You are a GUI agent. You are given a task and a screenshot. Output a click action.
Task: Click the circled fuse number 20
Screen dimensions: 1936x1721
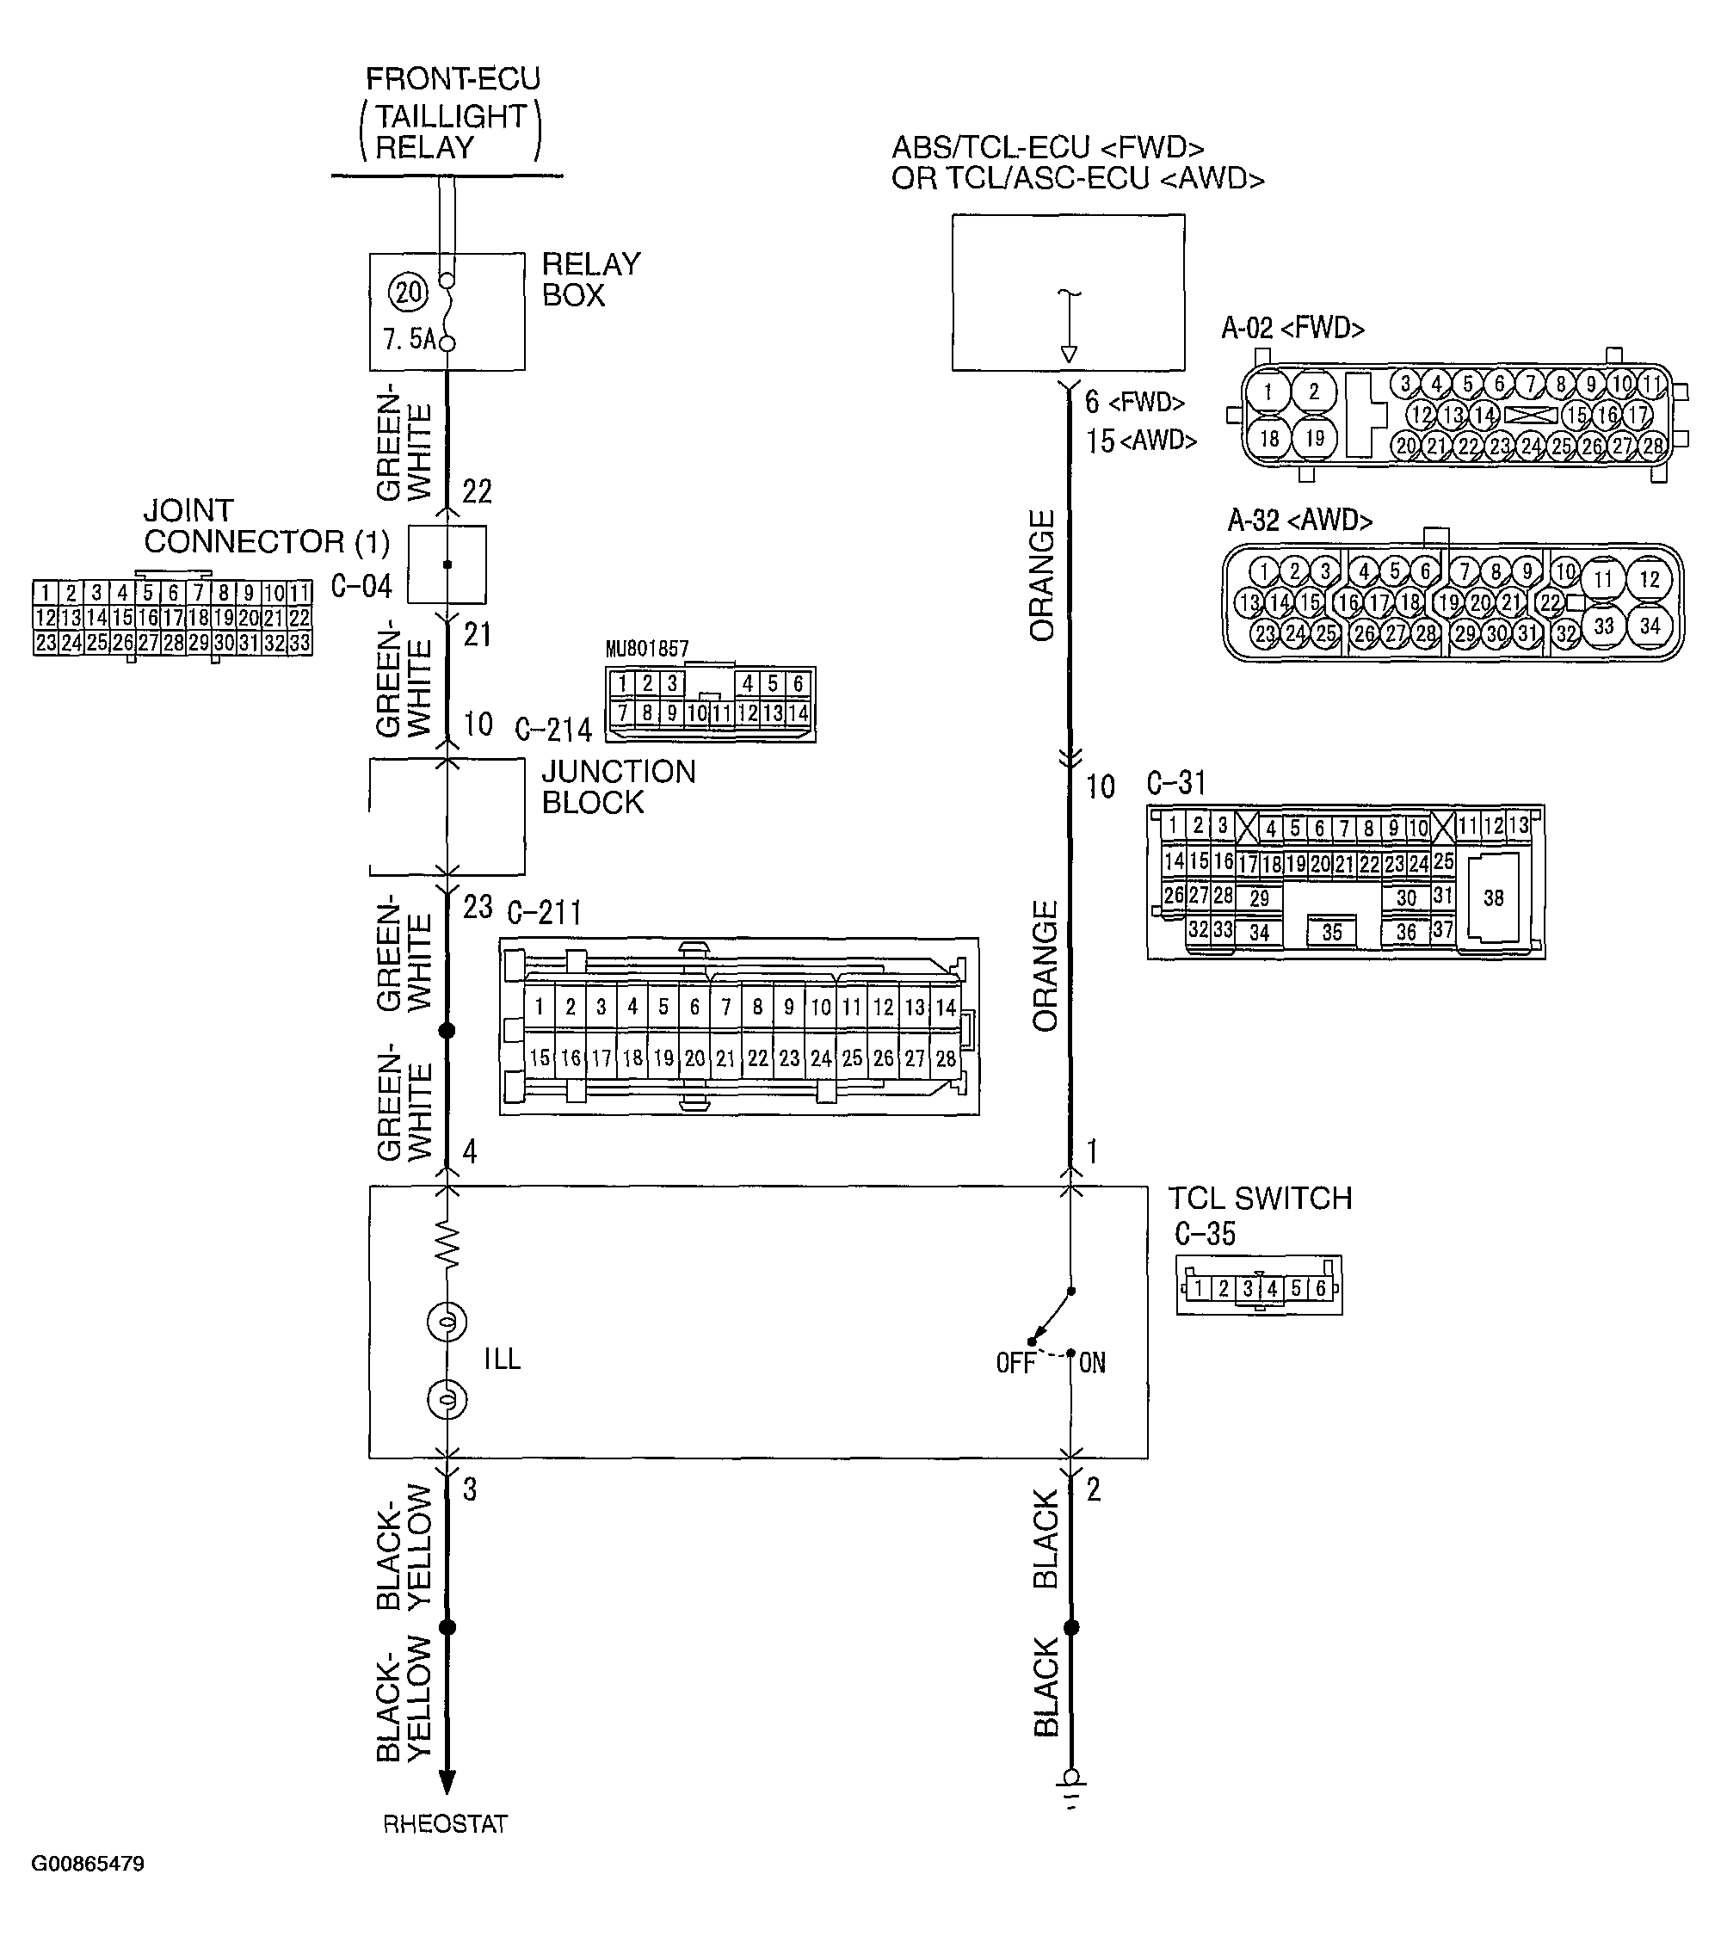[408, 292]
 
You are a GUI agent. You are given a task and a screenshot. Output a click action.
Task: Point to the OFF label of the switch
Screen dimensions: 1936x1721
[1015, 1363]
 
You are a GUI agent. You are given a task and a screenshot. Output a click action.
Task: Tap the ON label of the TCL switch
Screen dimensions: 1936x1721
[1092, 1363]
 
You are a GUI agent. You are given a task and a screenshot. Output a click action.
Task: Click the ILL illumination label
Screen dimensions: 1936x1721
[502, 1360]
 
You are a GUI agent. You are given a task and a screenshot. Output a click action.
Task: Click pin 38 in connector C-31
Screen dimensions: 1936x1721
[1494, 897]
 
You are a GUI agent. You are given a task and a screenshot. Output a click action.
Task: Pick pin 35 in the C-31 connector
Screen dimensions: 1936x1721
[1332, 932]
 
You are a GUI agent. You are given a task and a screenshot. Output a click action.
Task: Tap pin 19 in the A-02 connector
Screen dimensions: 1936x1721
[1315, 439]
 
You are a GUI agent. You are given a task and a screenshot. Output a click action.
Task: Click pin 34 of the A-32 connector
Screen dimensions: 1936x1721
[1650, 626]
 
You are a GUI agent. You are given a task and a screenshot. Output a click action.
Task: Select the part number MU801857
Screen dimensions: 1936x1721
[647, 649]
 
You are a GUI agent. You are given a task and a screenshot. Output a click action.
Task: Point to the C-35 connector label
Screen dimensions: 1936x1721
[1205, 1234]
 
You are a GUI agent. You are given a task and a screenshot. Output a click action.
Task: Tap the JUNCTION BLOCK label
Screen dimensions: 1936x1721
[619, 787]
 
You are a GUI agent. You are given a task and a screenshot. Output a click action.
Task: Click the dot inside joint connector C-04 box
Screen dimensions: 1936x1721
[447, 564]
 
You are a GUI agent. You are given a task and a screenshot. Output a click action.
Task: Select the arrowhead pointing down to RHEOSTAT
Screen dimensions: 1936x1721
[446, 1780]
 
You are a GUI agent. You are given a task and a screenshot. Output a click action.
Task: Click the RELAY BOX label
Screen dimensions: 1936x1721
[591, 280]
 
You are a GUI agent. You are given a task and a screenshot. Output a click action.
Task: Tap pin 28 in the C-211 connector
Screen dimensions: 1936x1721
[946, 1058]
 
